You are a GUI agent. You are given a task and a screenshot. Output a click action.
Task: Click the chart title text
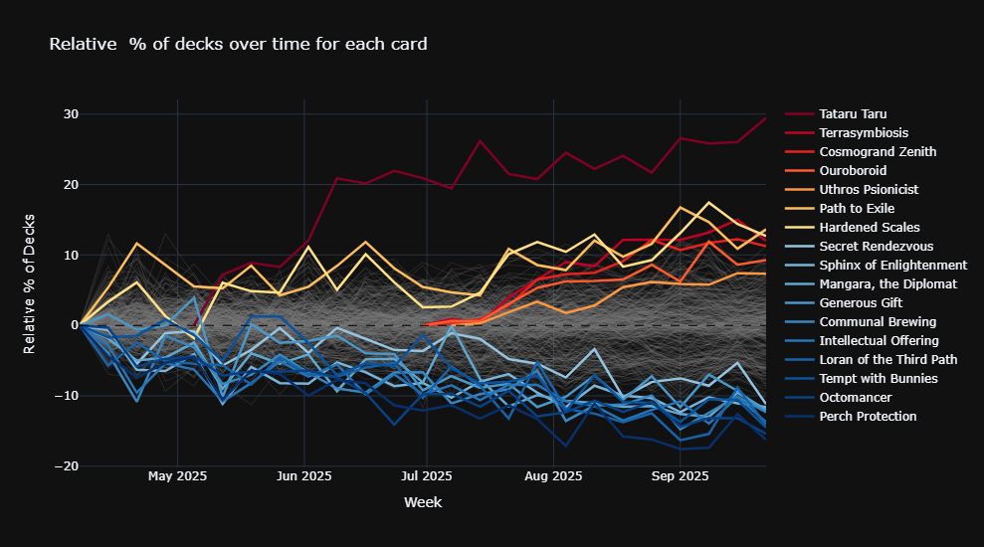coord(238,44)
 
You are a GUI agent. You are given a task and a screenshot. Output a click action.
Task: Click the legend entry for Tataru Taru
coord(854,114)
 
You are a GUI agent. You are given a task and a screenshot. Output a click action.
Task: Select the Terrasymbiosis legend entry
coord(863,133)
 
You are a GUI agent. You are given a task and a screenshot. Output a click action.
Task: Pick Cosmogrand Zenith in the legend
coord(878,152)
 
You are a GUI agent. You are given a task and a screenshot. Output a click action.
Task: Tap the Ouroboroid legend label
coord(853,171)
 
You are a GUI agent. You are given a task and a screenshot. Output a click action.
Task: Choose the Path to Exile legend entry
coord(857,209)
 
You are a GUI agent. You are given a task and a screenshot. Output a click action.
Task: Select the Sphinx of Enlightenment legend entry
coord(892,266)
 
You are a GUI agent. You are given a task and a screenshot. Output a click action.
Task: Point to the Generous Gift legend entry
coord(862,303)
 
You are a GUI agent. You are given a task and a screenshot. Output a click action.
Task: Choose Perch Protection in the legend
coord(868,417)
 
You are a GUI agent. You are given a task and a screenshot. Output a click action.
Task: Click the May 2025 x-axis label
coord(177,476)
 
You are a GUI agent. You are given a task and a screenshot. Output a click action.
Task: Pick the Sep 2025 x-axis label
coord(680,476)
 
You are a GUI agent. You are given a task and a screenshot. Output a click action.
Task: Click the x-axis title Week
coord(423,503)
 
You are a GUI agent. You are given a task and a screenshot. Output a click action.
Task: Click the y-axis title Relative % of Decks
coord(30,283)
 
